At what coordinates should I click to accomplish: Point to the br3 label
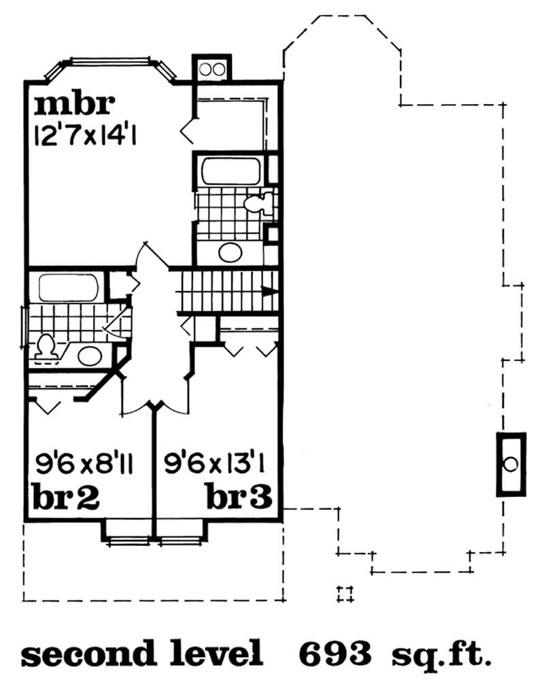239,498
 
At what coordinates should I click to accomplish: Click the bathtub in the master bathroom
230,170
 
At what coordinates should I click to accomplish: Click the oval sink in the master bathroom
230,252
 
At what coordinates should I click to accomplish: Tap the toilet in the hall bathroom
46,347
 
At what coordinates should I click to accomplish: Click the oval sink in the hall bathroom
88,354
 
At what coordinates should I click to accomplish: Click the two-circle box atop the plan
211,68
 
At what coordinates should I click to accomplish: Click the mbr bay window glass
112,64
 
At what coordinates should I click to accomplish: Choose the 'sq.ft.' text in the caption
440,654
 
